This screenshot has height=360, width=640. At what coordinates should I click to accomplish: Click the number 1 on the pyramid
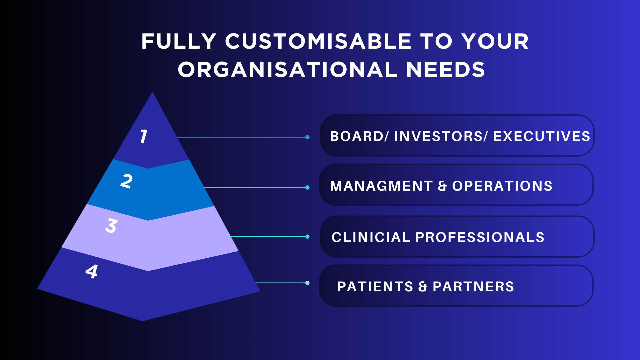pyautogui.click(x=144, y=136)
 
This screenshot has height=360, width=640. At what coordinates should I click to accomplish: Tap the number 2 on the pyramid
pyautogui.click(x=127, y=181)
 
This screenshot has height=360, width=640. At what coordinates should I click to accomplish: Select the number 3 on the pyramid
pyautogui.click(x=111, y=226)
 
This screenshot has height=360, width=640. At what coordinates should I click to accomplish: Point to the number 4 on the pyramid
pyautogui.click(x=92, y=271)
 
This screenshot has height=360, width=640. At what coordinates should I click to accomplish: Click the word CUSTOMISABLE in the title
pyautogui.click(x=318, y=42)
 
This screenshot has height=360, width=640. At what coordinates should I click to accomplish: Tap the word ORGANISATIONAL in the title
pyautogui.click(x=288, y=70)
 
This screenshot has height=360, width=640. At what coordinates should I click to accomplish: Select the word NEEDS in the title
pyautogui.click(x=446, y=70)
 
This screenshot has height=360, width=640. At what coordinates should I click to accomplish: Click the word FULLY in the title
pyautogui.click(x=179, y=42)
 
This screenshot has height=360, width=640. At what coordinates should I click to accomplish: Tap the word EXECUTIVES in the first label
pyautogui.click(x=542, y=136)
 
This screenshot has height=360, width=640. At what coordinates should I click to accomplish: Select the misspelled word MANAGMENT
pyautogui.click(x=381, y=186)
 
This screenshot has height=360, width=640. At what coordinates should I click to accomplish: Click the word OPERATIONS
pyautogui.click(x=502, y=186)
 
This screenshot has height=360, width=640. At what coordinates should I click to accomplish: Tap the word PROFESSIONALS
pyautogui.click(x=480, y=237)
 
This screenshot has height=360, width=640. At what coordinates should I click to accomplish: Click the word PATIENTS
pyautogui.click(x=375, y=287)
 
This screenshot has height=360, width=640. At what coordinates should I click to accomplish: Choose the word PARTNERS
pyautogui.click(x=473, y=287)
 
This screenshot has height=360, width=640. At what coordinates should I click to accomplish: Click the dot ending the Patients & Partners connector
pyautogui.click(x=307, y=283)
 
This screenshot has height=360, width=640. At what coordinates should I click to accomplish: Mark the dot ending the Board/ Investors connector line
pyautogui.click(x=307, y=137)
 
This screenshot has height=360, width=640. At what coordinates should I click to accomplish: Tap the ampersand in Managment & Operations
pyautogui.click(x=442, y=186)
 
